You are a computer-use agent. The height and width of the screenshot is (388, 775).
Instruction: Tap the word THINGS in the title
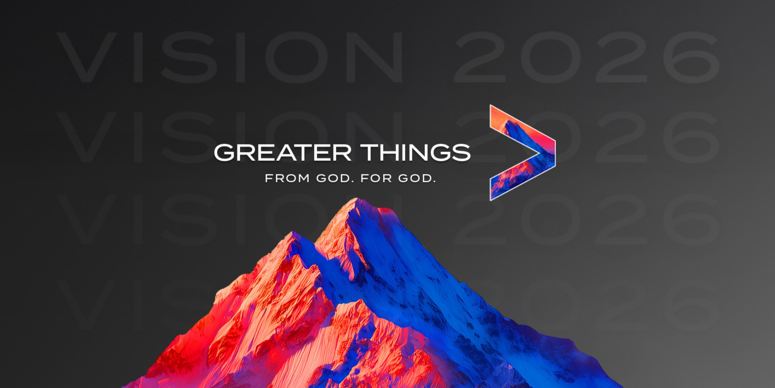tap(417, 152)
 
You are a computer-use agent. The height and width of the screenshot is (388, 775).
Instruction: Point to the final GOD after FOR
tap(415, 178)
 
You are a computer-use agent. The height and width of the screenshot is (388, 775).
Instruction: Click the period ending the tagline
tap(434, 181)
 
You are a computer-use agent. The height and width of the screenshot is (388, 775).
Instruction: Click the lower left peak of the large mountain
tap(293, 232)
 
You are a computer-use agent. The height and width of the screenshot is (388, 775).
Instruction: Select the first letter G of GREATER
tap(224, 152)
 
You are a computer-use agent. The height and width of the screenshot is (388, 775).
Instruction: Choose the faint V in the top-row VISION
tap(87, 57)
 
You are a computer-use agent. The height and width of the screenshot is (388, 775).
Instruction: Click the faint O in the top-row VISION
tap(297, 57)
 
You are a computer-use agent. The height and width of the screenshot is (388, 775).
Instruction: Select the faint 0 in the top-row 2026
tap(550, 57)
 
